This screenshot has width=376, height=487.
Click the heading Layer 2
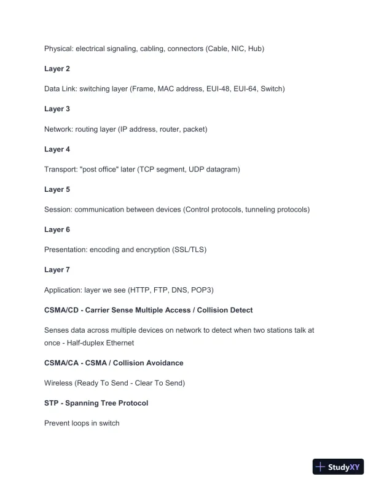click(x=57, y=69)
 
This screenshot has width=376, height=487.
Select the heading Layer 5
click(x=57, y=189)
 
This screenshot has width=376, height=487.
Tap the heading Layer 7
click(x=57, y=270)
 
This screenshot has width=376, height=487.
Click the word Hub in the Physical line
click(x=254, y=49)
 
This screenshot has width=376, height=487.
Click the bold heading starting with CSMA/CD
click(x=148, y=310)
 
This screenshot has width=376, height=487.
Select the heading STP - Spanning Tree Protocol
click(x=96, y=403)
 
